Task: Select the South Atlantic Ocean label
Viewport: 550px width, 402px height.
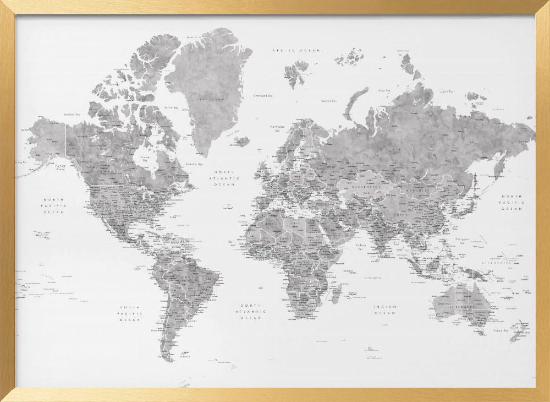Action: [x=252, y=311]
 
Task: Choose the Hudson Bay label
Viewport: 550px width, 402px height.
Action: [x=144, y=159]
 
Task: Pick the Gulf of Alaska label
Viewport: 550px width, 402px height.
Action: [x=60, y=167]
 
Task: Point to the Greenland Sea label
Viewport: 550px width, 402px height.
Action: [x=263, y=95]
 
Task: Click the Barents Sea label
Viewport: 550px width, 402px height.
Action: [x=328, y=101]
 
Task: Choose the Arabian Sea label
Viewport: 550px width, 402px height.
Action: [x=361, y=246]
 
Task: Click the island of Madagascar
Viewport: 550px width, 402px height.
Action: [x=335, y=293]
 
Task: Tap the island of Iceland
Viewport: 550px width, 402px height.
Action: [x=241, y=142]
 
